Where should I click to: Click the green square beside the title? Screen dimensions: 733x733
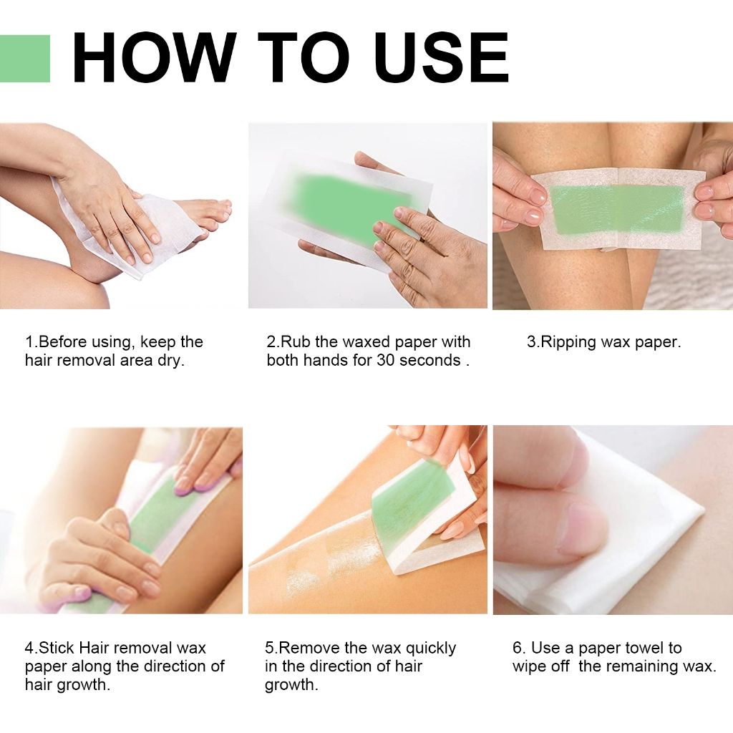pos(24,59)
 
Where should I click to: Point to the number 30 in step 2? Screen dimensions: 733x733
pos(385,360)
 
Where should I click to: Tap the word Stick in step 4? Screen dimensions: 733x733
pos(57,648)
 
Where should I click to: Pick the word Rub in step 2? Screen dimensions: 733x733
pos(296,342)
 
